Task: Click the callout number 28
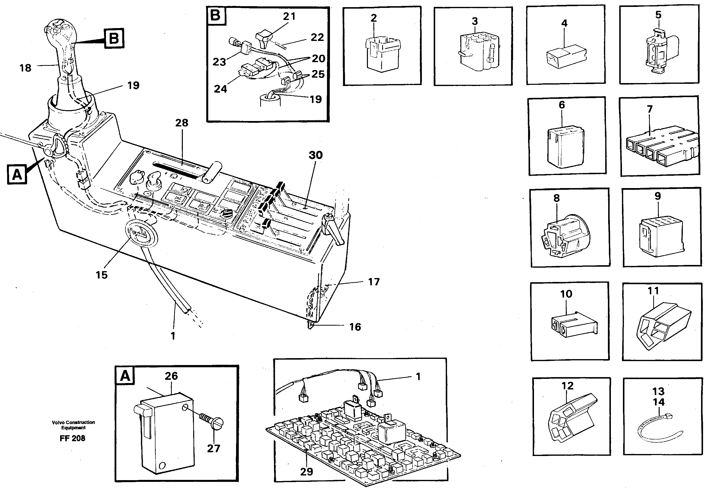[181, 123]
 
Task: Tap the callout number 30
[315, 155]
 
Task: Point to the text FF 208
[72, 438]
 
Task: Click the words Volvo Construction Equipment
[73, 425]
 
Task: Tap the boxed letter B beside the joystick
[114, 39]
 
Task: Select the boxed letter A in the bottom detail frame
[125, 375]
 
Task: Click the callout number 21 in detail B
[289, 16]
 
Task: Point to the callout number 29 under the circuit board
[306, 471]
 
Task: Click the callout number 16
[355, 327]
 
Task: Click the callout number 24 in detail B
[220, 89]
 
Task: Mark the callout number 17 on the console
[374, 281]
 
